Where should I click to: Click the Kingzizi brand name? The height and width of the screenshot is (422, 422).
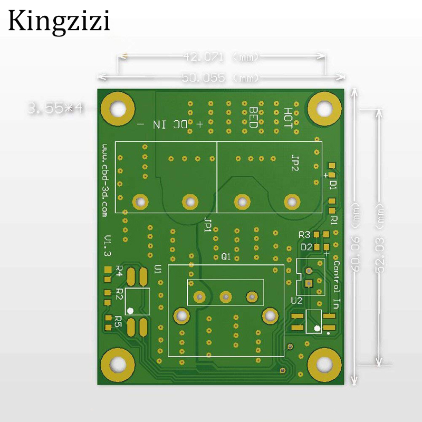tap(59, 22)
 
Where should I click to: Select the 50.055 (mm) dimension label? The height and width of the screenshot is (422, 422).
tap(220, 78)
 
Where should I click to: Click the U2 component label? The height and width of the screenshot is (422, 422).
tap(296, 301)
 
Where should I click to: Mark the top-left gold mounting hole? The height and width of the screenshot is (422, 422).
tap(118, 109)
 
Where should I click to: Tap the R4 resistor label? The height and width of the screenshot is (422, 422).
tap(119, 271)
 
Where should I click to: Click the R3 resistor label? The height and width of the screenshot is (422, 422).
tap(304, 234)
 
